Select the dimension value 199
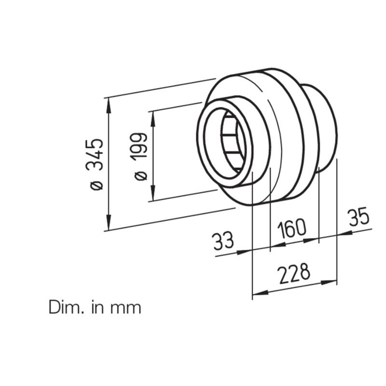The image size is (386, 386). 139,147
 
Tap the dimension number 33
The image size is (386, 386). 223,241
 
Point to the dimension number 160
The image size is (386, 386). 292,229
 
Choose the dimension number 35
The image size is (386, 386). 359,217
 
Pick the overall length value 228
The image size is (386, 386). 294,273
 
